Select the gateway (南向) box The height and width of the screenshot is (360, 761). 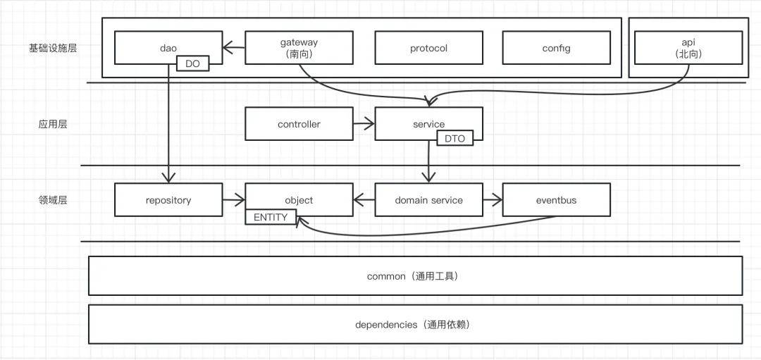pos(299,47)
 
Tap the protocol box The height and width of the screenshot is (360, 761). pos(428,48)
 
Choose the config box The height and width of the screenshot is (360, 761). pos(556,48)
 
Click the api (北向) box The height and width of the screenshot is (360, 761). pos(688,47)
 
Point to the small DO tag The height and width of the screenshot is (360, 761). pos(192,64)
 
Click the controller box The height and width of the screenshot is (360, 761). pos(299,124)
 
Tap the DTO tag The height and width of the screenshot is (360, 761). pos(454,139)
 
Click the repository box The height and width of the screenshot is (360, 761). pos(168,200)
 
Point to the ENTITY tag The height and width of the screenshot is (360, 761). pos(271,217)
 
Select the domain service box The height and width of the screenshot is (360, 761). pos(428,200)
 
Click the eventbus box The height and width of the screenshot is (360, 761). pos(556,200)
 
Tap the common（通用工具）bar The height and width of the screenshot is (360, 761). pos(415,275)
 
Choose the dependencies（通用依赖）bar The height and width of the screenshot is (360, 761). pos(415,324)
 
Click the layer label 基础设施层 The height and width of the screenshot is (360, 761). pos(53,48)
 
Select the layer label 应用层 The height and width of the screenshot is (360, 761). pos(53,124)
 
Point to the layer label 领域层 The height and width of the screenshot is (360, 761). pos(53,200)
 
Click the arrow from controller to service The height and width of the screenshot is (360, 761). pos(364,125)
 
